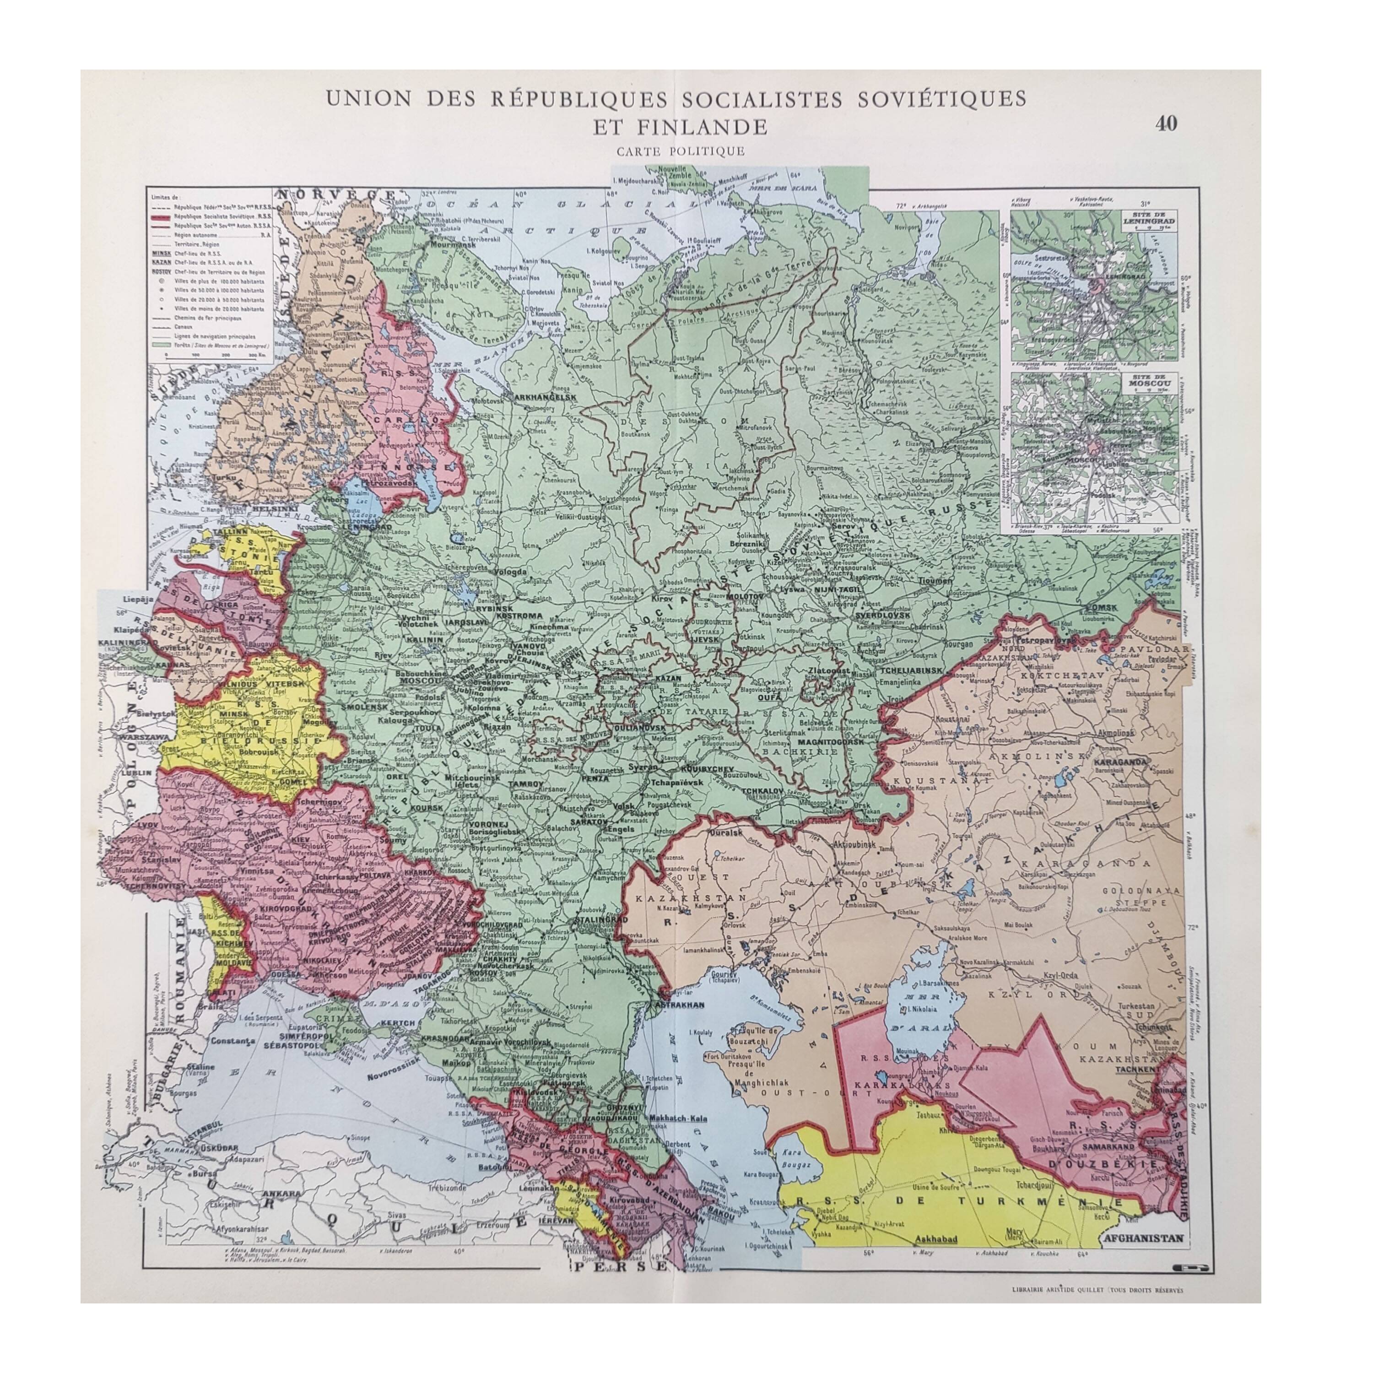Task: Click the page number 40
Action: coord(1166,124)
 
